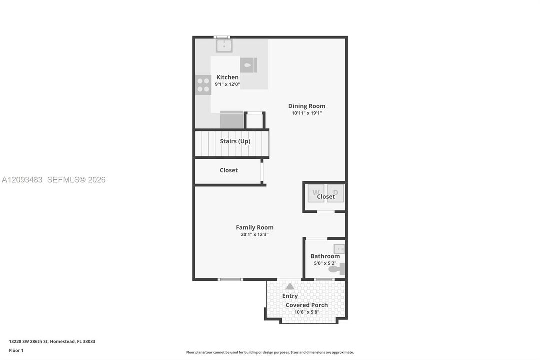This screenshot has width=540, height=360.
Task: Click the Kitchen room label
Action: pos(227,77)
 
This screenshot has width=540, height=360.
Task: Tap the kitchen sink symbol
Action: pos(224,46)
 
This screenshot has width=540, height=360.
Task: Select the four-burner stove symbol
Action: pos(203,85)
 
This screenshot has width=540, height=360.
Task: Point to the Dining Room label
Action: pos(307,106)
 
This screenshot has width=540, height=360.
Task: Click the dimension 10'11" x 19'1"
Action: pos(307,113)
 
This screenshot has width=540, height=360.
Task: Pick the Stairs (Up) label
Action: pos(235,141)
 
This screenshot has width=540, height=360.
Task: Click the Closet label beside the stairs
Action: pos(229,170)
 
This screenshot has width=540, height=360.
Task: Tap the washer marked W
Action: pos(316,193)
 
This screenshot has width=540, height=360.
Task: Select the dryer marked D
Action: pos(335,193)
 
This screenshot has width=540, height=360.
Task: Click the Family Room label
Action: pos(254,227)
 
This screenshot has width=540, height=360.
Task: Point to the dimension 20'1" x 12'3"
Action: pos(254,235)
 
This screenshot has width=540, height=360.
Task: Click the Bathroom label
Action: pos(325,256)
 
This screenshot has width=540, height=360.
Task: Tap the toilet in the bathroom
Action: pos(337,269)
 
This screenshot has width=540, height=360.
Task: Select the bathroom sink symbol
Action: pos(339,249)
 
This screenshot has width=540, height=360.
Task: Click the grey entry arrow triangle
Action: pos(290,286)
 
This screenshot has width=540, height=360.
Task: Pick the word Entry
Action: pos(290,296)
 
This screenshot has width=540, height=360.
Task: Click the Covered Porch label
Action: pos(307,305)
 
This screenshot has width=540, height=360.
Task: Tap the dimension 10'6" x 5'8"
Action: pos(307,312)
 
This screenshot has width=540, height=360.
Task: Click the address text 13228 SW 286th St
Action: pos(29,341)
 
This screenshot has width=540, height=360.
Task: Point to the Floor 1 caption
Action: pos(16,350)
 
